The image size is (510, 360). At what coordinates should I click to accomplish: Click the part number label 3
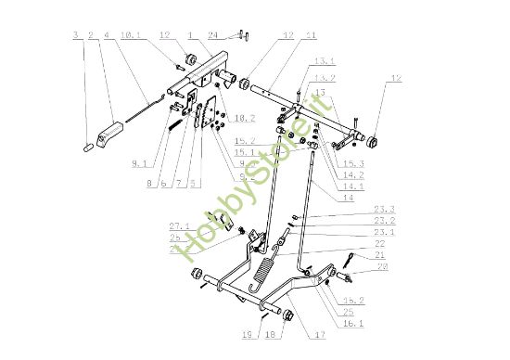pyautogui.click(x=75, y=36)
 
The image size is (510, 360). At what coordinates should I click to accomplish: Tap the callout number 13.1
pyautogui.click(x=323, y=62)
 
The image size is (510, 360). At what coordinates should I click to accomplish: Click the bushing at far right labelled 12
pyautogui.click(x=376, y=140)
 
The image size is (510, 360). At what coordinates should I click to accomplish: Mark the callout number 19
pyautogui.click(x=246, y=336)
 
